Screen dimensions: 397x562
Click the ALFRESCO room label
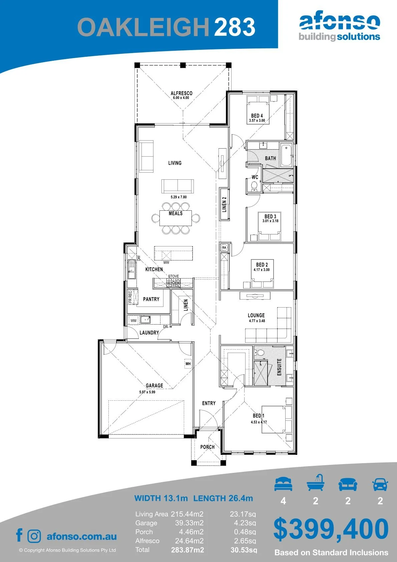point(181,93)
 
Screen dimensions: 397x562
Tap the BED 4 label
point(257,116)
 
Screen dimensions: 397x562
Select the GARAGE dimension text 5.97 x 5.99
point(147,392)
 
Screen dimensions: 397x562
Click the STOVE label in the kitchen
point(173,276)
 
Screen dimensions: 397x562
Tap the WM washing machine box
point(133,320)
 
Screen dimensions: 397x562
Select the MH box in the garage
point(188,364)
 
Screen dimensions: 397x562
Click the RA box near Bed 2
point(224,247)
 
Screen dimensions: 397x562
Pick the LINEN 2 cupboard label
point(224,204)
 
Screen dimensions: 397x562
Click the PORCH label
point(207,447)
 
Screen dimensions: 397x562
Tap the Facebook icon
point(19,535)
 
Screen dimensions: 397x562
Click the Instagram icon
point(34,536)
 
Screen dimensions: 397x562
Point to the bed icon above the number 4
point(283,484)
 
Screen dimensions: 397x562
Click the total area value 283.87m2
point(187,550)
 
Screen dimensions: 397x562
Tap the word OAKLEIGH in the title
point(143,27)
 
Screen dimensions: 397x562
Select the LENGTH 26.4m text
point(223,498)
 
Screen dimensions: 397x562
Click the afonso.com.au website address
point(82,536)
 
